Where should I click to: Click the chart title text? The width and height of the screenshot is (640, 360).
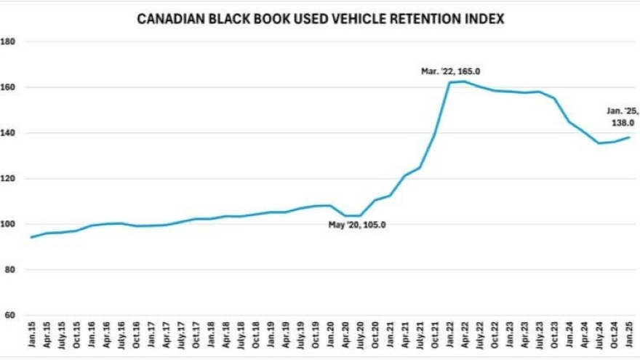tap(321, 20)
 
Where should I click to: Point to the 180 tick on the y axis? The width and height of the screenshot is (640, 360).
tap(9, 41)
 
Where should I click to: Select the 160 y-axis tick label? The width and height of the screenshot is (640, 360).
tap(9, 87)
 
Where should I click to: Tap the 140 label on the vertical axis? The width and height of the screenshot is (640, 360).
tap(9, 133)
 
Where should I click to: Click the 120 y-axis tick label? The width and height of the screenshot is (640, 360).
tap(9, 178)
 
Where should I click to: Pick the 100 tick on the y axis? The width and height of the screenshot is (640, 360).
tap(9, 224)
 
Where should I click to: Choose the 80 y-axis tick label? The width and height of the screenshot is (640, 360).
tap(10, 270)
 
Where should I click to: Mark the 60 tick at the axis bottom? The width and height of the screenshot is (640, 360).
tap(10, 315)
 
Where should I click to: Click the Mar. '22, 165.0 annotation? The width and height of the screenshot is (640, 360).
tap(451, 71)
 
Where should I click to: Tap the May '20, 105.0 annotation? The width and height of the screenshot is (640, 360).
tap(356, 225)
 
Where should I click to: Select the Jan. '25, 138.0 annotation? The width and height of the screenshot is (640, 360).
tap(623, 117)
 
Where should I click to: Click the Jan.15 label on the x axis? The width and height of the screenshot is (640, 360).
tap(31, 338)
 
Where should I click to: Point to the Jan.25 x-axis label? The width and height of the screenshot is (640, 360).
tap(628, 338)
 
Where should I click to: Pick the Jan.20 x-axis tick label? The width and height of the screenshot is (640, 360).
tap(329, 338)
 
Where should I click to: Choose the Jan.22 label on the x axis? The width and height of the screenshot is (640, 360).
tap(449, 338)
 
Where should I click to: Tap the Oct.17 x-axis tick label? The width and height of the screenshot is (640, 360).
tap(195, 338)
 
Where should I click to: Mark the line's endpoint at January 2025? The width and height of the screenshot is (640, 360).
tap(628, 137)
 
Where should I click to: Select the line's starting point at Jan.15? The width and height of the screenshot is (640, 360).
tap(31, 237)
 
